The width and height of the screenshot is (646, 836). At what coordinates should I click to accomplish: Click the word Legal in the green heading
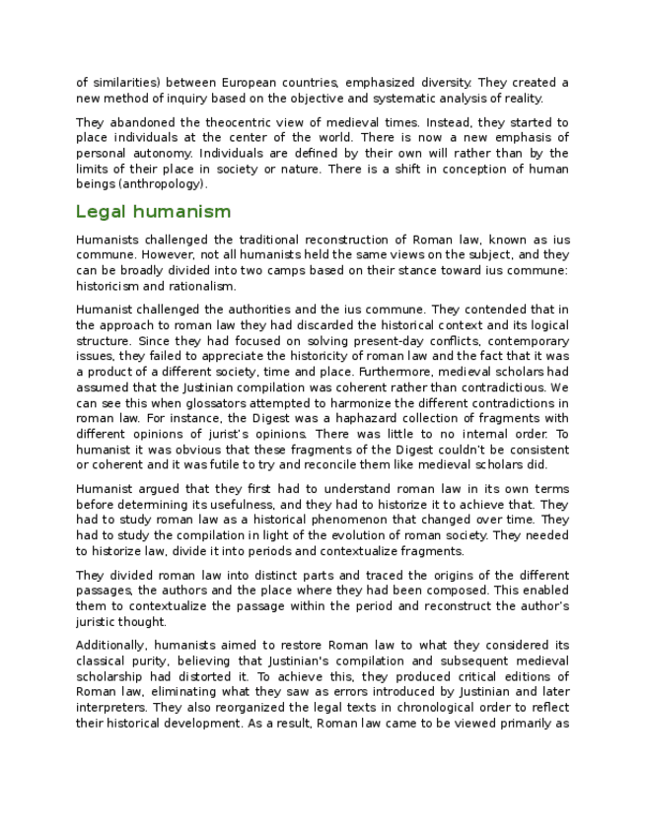coord(101,211)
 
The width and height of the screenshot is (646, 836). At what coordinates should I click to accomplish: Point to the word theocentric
coord(220,123)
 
